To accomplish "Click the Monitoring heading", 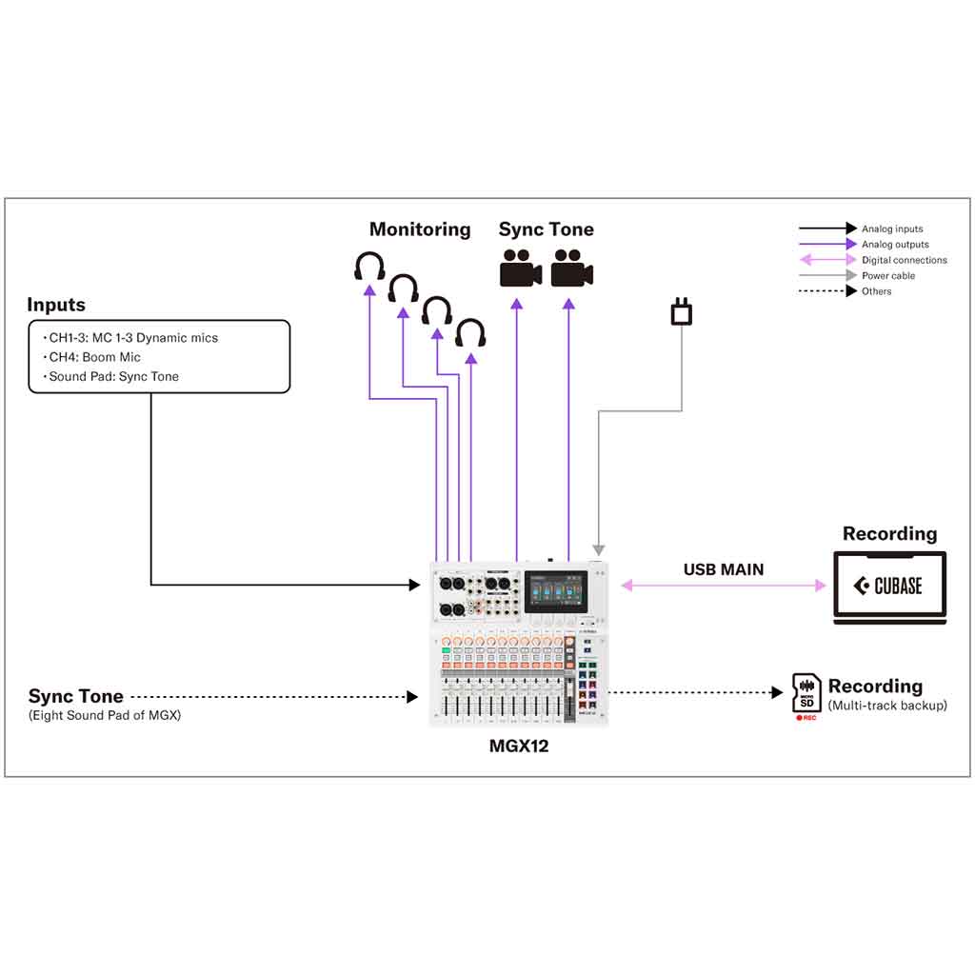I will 420,229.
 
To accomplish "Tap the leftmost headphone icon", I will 369,267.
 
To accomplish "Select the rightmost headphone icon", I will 470,333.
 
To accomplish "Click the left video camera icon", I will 520,268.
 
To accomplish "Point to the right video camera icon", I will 572,268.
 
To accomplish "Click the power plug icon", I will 682,311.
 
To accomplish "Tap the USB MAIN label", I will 724,569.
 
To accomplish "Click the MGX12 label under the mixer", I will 519,746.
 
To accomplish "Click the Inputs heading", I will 56,306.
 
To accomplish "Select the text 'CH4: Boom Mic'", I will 94,357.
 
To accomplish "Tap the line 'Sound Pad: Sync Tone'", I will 113,376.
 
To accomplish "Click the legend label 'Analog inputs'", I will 892,229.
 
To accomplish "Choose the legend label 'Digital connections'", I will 905,260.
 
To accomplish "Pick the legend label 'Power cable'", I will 888,276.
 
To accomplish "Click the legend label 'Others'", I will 877,291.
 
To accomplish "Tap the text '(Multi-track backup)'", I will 887,706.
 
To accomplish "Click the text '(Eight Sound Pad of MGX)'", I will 105,715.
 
